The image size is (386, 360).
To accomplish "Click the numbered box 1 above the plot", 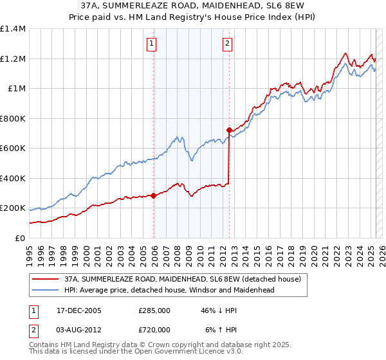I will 151,44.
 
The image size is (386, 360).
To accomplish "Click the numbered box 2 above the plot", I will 228,44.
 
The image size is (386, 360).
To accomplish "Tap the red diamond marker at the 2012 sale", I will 229,130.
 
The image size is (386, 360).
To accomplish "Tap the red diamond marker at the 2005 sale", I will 154,195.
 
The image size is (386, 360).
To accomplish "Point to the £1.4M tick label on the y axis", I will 13,29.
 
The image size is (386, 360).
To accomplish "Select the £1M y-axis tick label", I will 16,89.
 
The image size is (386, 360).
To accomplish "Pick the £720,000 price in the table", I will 154,329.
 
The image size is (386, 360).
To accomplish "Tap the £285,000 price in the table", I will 154,310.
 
